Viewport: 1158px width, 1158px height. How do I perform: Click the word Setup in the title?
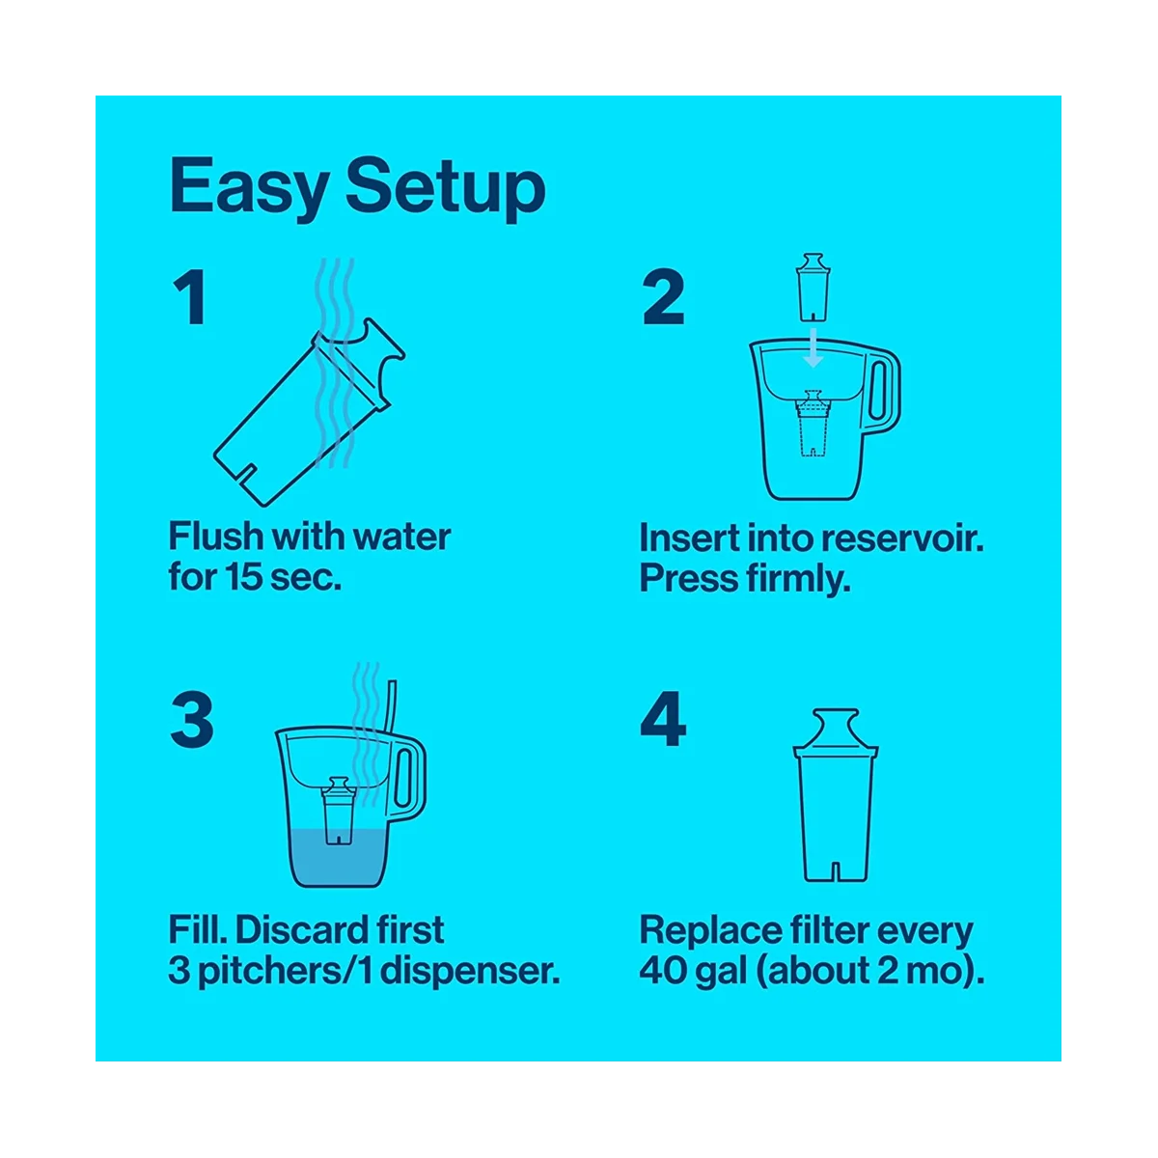(446, 187)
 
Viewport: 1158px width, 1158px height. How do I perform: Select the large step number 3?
(191, 722)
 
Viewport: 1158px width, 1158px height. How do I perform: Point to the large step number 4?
(663, 722)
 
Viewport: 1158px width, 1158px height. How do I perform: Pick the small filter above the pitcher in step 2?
(812, 288)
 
